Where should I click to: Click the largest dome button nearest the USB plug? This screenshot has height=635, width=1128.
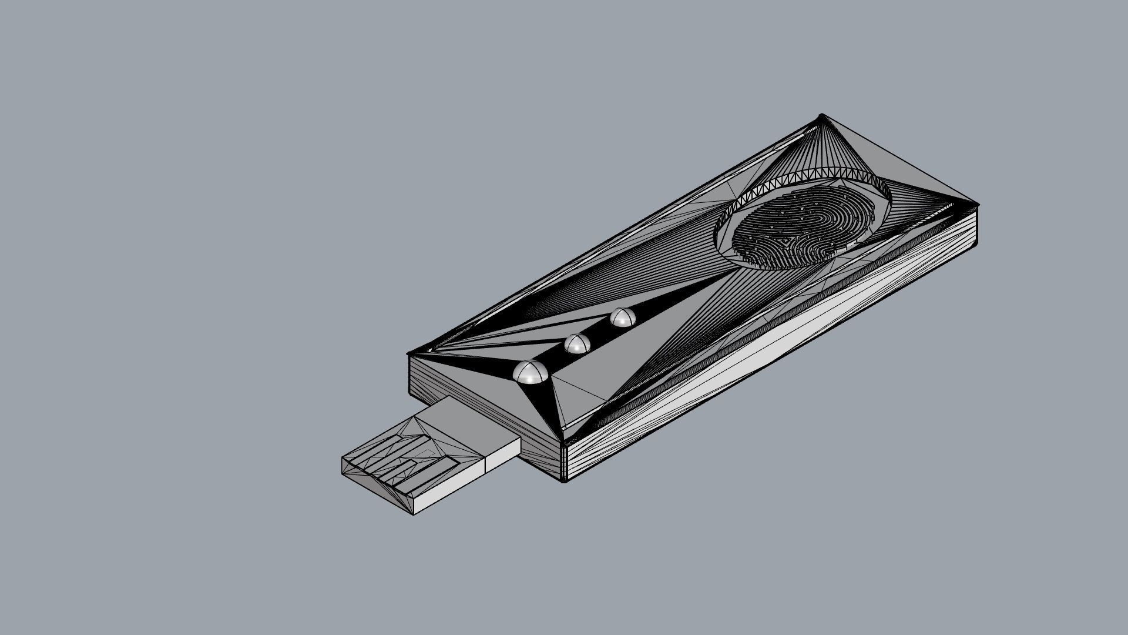[531, 373]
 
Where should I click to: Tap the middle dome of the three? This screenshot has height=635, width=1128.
[578, 344]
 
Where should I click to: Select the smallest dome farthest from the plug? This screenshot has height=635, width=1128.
[622, 318]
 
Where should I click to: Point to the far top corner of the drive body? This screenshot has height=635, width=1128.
[821, 116]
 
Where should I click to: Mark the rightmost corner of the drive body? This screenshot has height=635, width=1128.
[977, 205]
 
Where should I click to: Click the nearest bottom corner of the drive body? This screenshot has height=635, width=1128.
[565, 480]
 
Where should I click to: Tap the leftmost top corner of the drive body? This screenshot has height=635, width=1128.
[409, 354]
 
